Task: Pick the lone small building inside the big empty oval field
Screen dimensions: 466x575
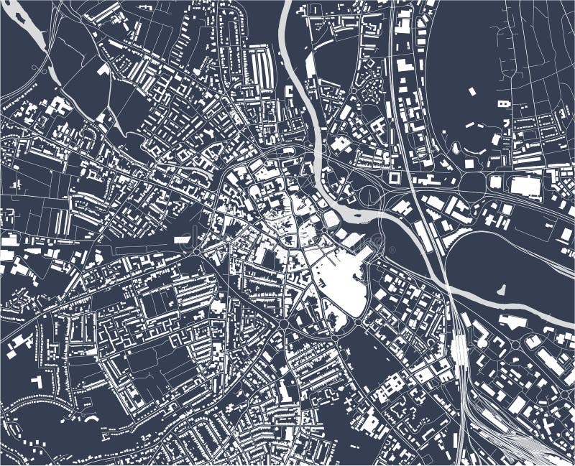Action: point(472,91)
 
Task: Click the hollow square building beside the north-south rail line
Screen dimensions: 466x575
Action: point(395,176)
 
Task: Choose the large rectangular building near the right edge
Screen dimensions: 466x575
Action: point(525,186)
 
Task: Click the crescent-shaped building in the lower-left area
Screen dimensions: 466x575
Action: point(90,416)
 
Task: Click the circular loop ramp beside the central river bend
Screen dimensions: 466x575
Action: point(369,194)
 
